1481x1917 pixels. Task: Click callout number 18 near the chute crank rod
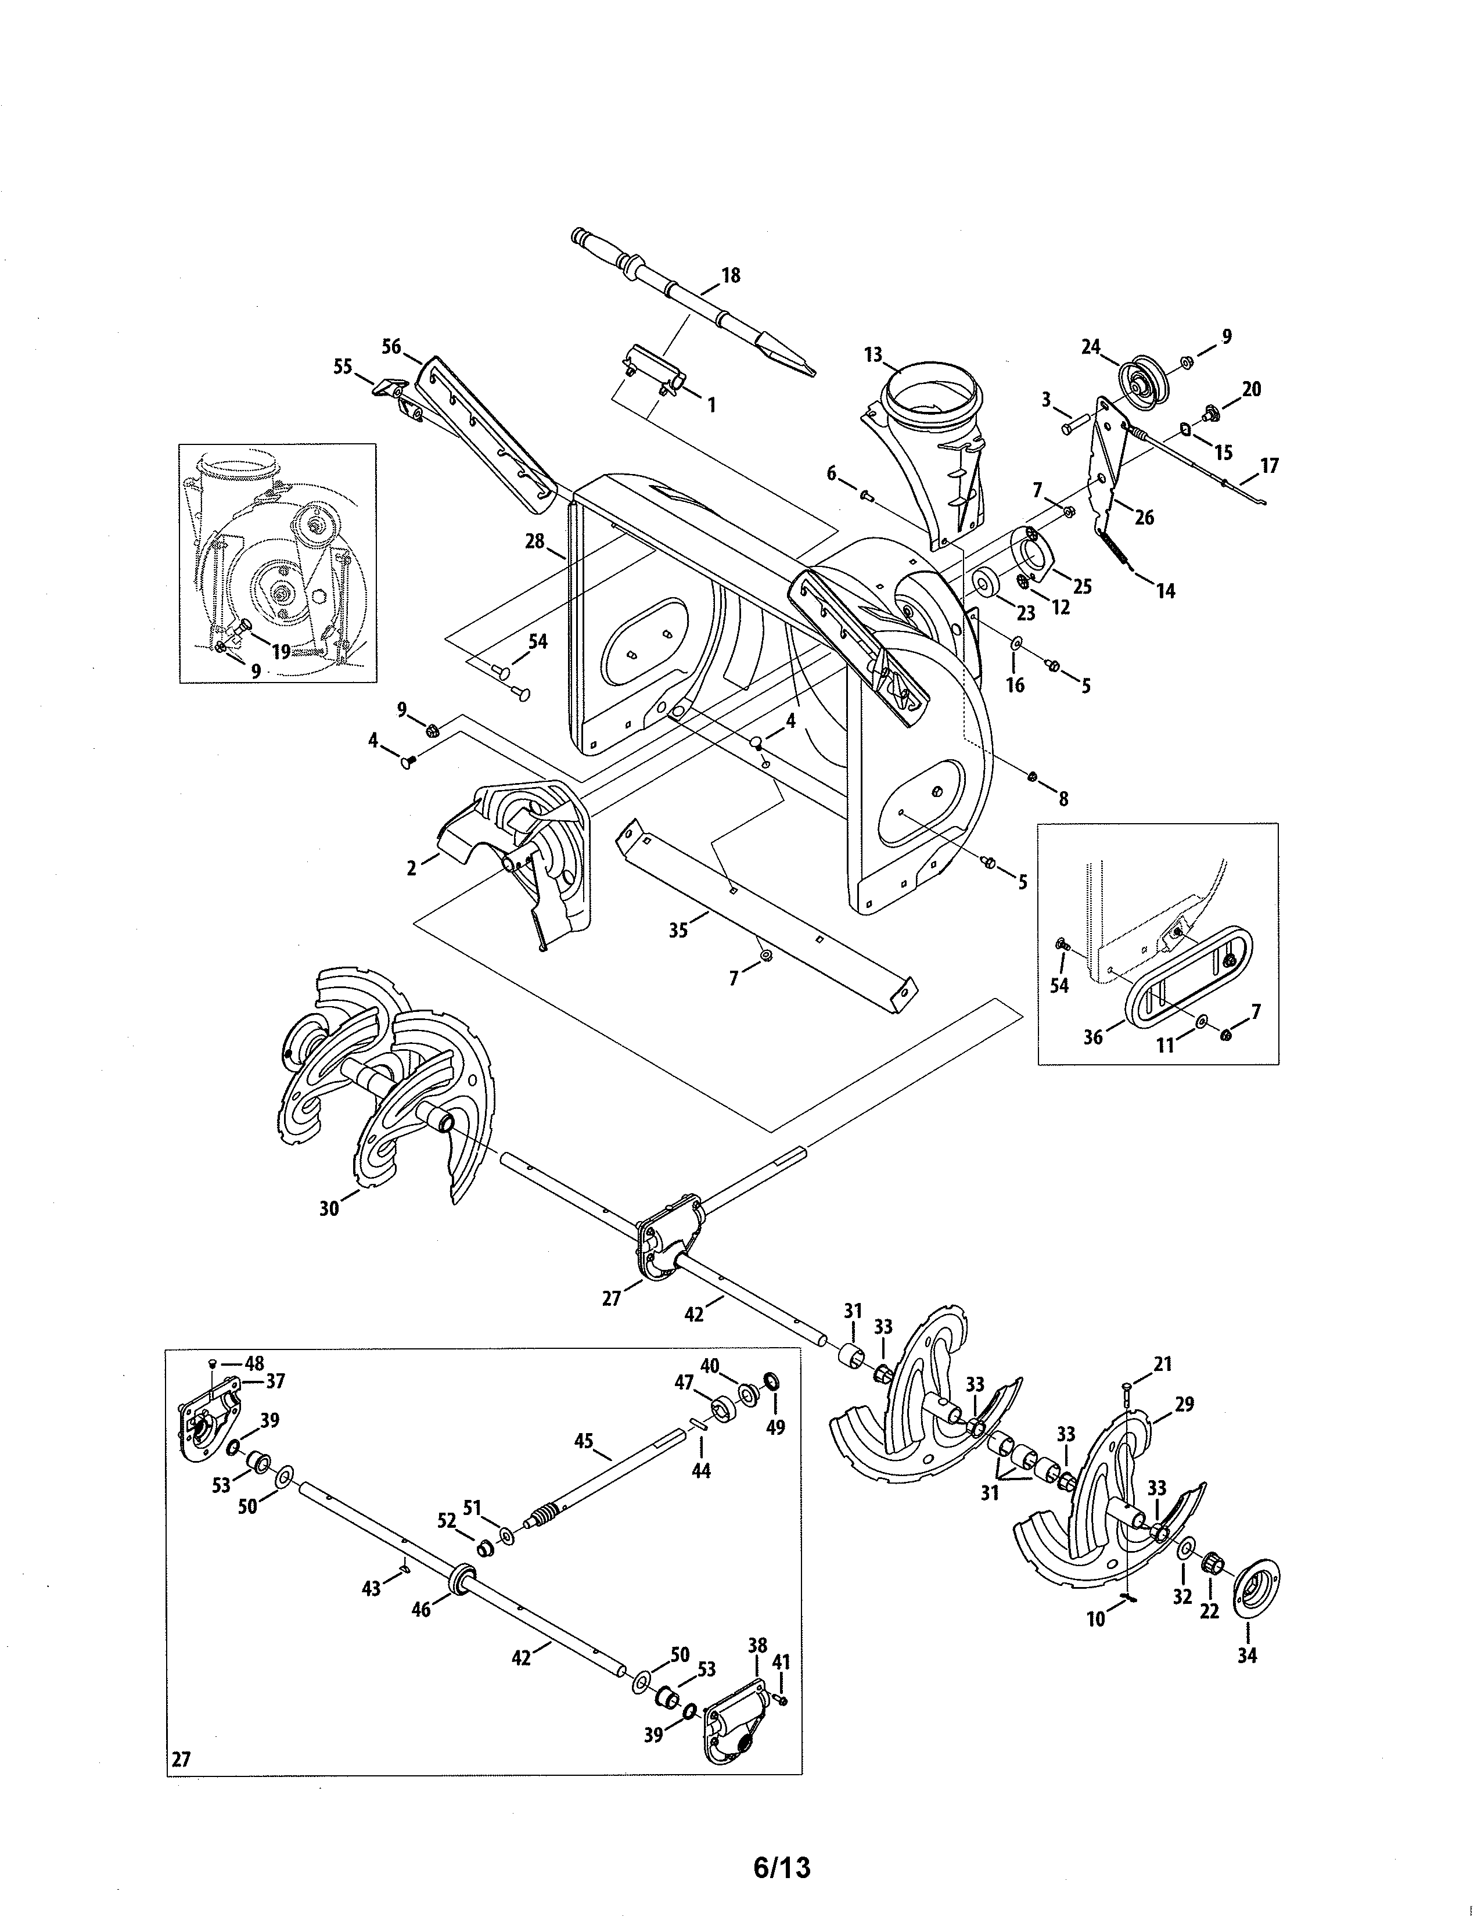[x=730, y=275]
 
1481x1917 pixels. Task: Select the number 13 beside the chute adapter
[x=872, y=354]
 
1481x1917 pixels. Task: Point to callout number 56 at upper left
[x=391, y=347]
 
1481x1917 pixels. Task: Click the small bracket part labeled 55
[x=387, y=386]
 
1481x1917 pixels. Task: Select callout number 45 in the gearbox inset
[x=584, y=1441]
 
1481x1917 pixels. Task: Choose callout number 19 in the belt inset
[x=281, y=651]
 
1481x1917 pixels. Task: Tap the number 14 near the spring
[x=1165, y=591]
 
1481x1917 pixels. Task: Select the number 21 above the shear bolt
[x=1163, y=1364]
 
